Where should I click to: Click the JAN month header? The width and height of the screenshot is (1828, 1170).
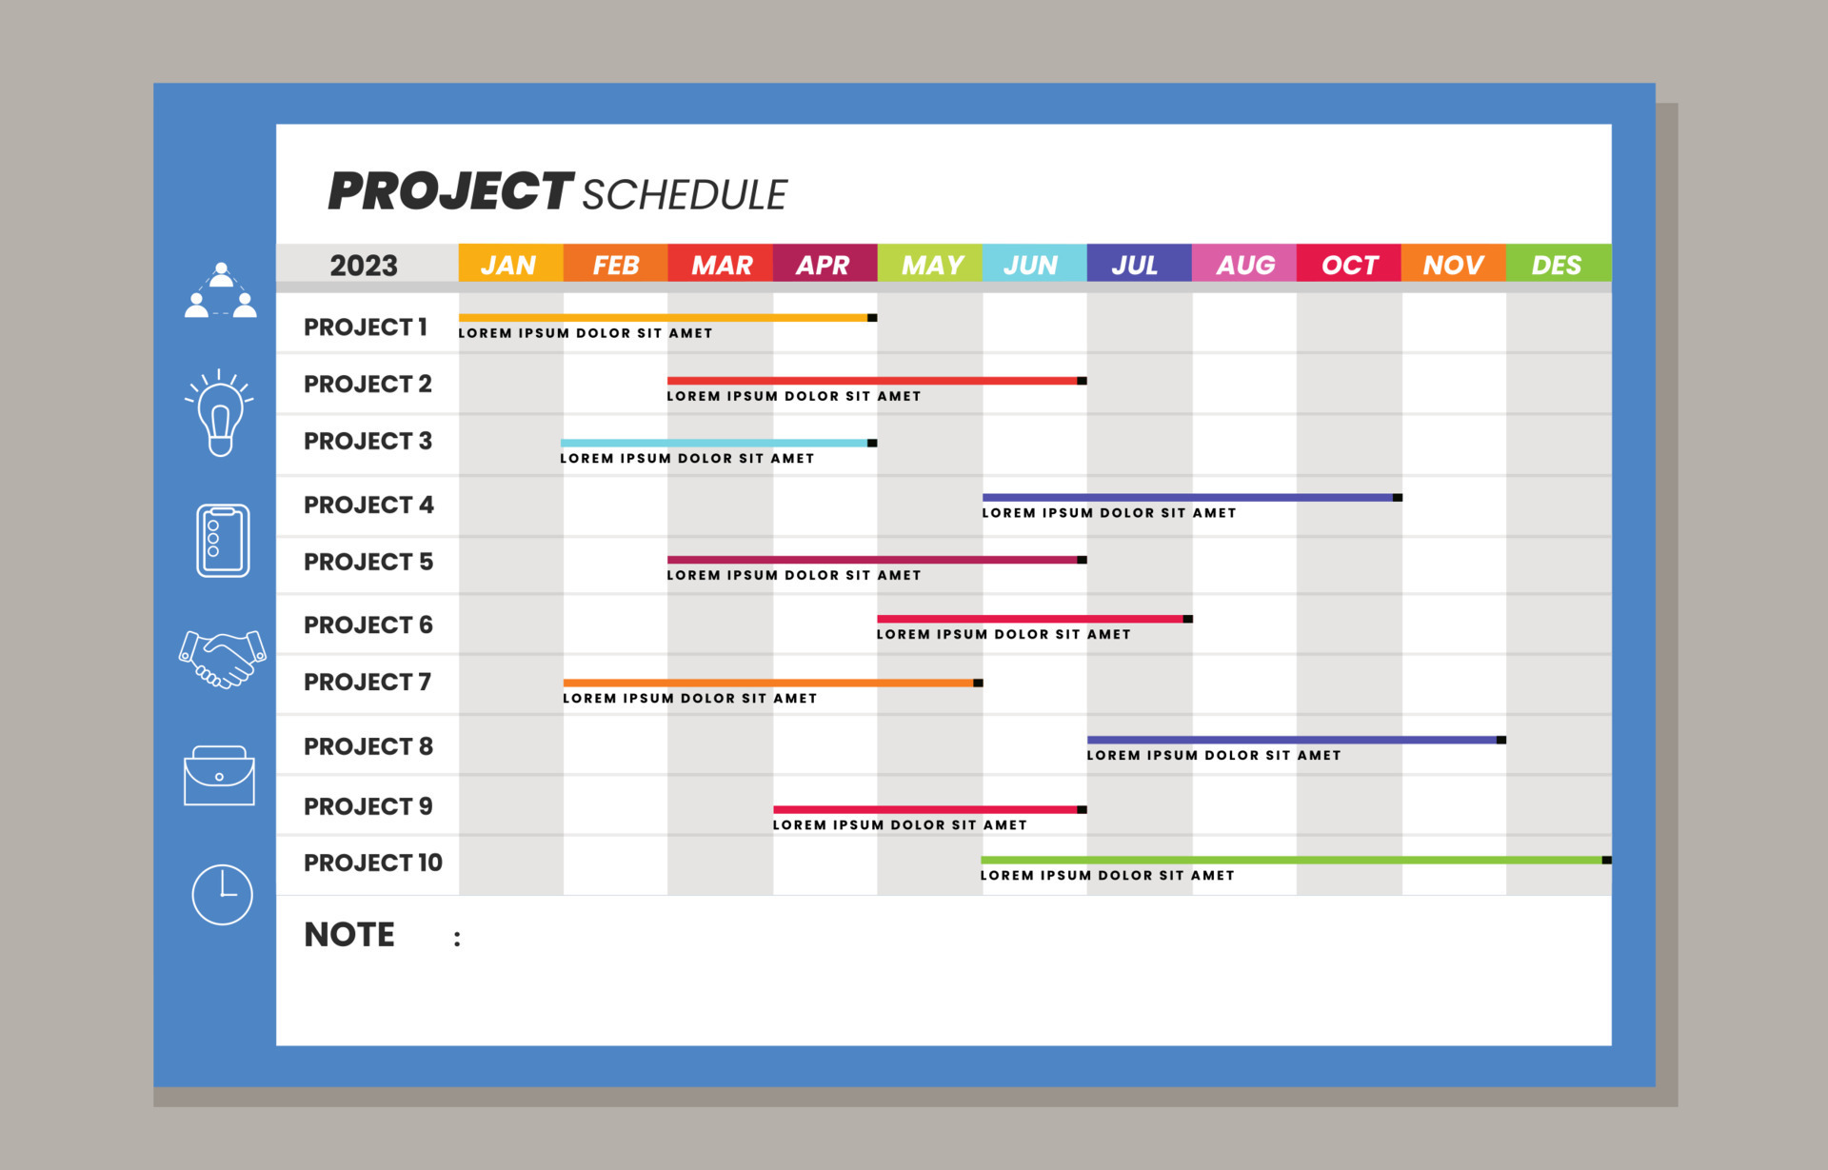coord(509,264)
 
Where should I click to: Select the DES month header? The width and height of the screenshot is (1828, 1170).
coord(1558,264)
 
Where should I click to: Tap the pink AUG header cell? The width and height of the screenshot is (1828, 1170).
coord(1243,264)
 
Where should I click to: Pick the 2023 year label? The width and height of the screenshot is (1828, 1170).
coord(364,265)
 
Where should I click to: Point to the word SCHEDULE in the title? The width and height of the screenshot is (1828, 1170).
coord(685,195)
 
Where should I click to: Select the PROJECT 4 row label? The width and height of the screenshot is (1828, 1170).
coord(368,505)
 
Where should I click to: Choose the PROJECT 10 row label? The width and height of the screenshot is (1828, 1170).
coord(373,863)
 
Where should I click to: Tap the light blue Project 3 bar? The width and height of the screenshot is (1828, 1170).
coord(714,443)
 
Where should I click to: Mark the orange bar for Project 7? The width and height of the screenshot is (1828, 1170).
coord(769,683)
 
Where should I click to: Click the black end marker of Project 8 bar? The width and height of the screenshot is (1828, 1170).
coord(1501,740)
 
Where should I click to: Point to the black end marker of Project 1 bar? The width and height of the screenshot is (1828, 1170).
coord(872,318)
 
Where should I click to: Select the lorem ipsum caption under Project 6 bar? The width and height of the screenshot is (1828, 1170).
coord(1003,634)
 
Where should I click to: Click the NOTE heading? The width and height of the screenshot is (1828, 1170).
coord(349,935)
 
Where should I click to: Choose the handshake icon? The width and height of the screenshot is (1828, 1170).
coord(222,658)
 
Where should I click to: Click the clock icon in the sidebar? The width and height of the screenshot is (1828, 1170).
coord(222,894)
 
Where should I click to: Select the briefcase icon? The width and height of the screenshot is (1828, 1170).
coord(219,776)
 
